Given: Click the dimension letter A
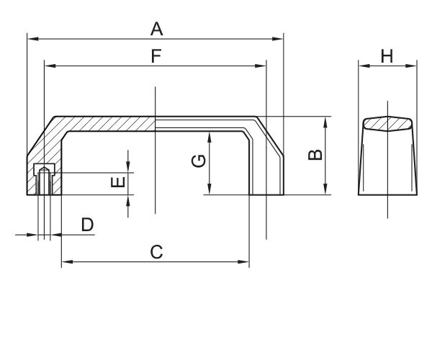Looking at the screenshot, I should pos(156,29).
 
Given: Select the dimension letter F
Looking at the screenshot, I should pos(156,55).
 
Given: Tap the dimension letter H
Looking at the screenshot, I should pos(387,56).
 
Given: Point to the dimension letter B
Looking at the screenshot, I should pos(314,155).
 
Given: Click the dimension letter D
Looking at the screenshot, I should pos(87,225).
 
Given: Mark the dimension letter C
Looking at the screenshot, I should pos(156,252).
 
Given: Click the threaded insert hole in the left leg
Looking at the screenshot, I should pos(44,180).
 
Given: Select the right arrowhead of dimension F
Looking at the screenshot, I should pos(263,66).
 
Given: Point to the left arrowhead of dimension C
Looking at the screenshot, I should pos(65,263).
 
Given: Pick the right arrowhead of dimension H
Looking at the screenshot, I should pos(414,66).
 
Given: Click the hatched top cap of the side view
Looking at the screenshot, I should pos(387,122).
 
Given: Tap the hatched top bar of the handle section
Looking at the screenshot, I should pos(108,123).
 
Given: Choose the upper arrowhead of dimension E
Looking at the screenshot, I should pos(128,169).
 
